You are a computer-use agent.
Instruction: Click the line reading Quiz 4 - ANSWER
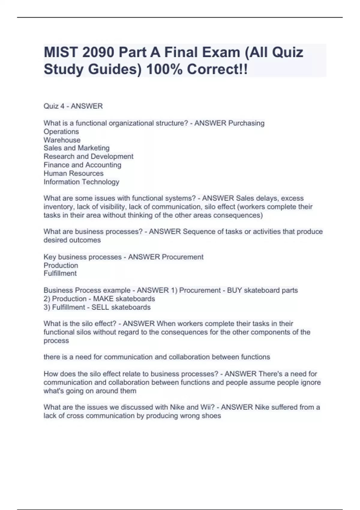pyautogui.click(x=73, y=106)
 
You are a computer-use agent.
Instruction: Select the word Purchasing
pyautogui.click(x=246, y=123)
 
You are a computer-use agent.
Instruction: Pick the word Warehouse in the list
pyautogui.click(x=62, y=140)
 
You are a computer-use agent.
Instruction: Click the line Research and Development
pyautogui.click(x=88, y=157)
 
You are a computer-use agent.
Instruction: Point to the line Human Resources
pyautogui.click(x=73, y=173)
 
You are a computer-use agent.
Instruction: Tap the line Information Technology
pyautogui.click(x=81, y=182)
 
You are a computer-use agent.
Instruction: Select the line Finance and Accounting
pyautogui.click(x=82, y=165)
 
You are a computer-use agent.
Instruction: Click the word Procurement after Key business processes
pyautogui.click(x=182, y=257)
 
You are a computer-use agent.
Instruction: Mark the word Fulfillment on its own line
pyautogui.click(x=60, y=274)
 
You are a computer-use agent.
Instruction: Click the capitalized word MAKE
pyautogui.click(x=103, y=299)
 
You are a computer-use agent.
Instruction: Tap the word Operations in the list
pyautogui.click(x=61, y=132)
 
